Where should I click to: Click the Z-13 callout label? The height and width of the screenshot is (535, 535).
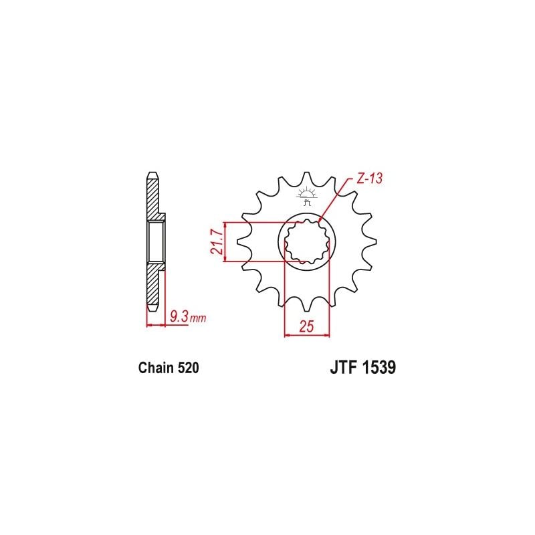[370, 179]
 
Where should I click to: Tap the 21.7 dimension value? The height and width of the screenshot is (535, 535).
[217, 242]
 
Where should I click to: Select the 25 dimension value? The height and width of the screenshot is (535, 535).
[306, 326]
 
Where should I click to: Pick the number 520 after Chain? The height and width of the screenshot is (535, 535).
[188, 368]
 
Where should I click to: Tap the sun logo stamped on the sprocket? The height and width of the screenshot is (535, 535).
[307, 195]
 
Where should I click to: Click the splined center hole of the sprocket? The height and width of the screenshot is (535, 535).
[307, 242]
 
